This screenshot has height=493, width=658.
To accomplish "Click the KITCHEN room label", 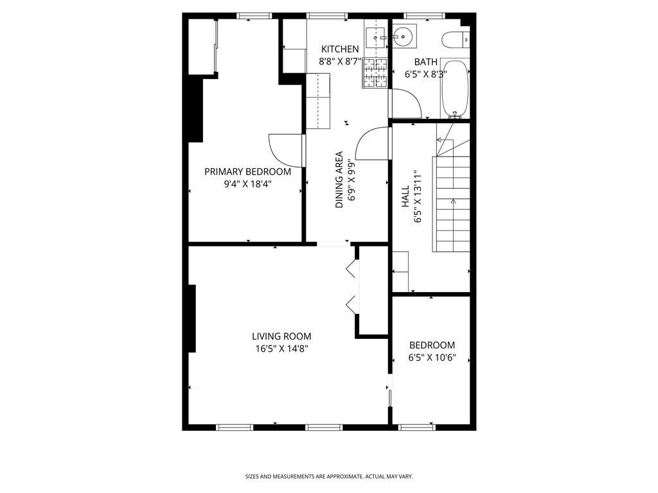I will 340,49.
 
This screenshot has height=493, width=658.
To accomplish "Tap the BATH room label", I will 425,62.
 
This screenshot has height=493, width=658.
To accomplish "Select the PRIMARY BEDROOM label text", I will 247,172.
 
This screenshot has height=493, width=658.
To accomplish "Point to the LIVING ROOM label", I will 281,336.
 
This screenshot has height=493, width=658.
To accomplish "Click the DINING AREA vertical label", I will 339,180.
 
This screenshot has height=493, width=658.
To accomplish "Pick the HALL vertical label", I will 405,196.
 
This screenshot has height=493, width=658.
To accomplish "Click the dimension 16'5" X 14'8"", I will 281,349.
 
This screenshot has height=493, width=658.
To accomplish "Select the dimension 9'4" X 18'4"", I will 247,184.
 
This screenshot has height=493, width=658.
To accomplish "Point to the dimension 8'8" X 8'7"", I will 341,62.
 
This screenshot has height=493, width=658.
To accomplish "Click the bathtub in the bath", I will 456,89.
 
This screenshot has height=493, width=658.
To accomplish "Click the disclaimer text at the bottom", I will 329,476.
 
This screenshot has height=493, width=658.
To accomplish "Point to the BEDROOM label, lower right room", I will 432,345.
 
